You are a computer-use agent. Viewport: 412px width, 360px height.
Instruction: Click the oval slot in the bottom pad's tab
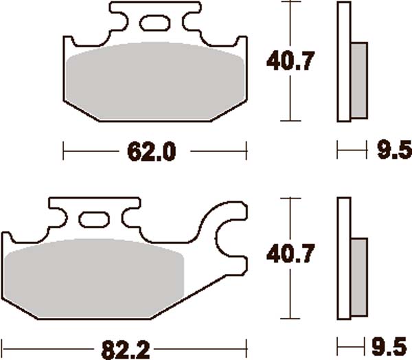point(94,220)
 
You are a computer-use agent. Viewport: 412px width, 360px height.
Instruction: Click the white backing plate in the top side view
point(343,62)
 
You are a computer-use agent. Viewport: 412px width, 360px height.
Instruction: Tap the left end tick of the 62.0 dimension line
point(63,150)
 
